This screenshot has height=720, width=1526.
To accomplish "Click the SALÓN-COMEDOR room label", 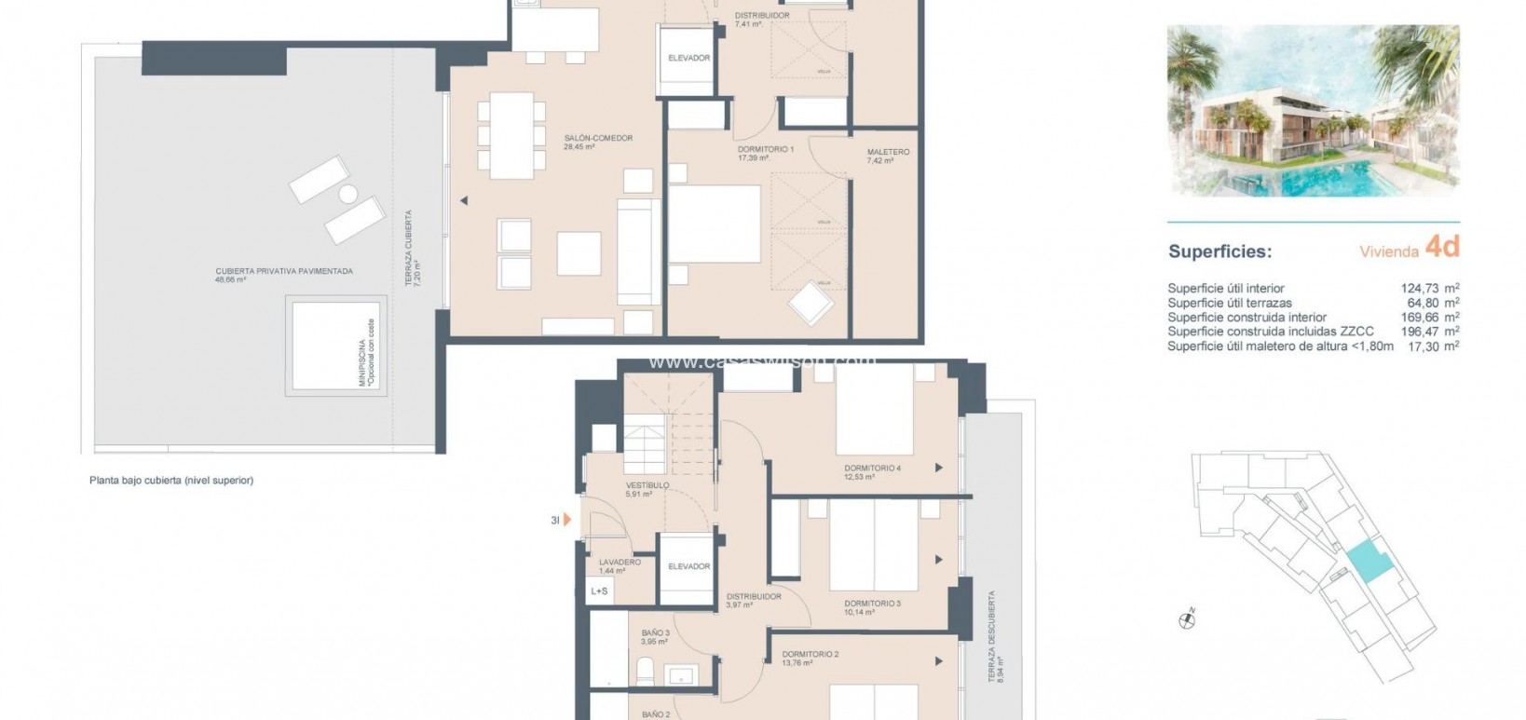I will [598, 138].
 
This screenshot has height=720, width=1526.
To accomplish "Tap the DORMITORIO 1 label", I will [765, 149].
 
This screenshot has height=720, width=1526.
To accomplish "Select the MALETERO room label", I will [887, 152].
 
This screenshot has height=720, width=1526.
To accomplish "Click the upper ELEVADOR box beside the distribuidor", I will [688, 59].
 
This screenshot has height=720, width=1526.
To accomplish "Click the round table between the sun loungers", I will [347, 195].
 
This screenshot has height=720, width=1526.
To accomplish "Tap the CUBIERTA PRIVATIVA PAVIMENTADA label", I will [284, 271].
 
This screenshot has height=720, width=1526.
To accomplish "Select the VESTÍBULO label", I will [647, 485].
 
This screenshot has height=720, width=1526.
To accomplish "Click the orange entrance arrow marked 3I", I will [566, 520].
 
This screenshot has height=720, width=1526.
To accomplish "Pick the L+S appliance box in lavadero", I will [599, 591].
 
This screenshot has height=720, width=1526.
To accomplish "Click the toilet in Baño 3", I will [644, 670].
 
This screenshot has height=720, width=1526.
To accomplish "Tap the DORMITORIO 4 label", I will [872, 468].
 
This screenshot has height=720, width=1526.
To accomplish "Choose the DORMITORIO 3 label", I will [872, 604].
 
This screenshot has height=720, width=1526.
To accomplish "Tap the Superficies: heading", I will [1219, 251].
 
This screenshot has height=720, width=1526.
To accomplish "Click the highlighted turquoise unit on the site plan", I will [1367, 563].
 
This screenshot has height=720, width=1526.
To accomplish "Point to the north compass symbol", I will [1187, 618].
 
